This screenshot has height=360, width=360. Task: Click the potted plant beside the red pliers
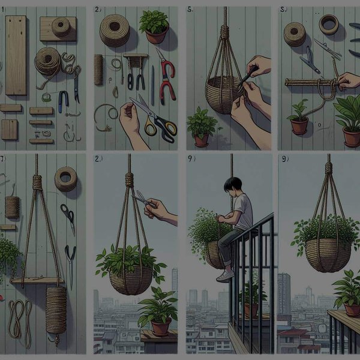pos(154,27)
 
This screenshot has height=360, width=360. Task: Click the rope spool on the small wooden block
pos(61,27)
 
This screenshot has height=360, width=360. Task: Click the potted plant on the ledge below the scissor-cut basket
pos(158,315)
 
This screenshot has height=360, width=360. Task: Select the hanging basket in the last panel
pos(328,252)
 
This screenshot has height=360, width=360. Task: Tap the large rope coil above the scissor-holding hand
pos(114,30)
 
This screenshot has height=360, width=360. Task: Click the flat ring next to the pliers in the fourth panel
pos(328,25)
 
